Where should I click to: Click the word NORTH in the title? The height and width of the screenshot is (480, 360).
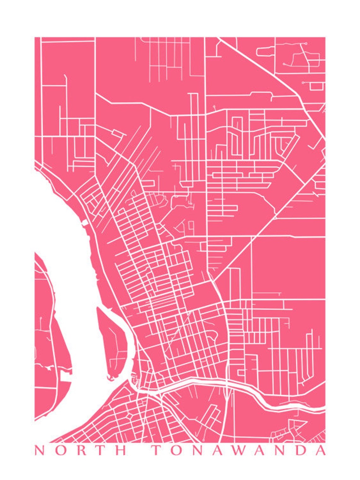click(x=81, y=450)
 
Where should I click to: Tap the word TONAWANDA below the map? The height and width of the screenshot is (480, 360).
click(x=239, y=450)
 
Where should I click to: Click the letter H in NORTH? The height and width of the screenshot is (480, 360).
click(x=121, y=450)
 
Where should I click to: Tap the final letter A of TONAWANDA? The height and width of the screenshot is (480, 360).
click(x=320, y=450)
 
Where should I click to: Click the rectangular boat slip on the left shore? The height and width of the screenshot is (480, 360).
click(x=66, y=377)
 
